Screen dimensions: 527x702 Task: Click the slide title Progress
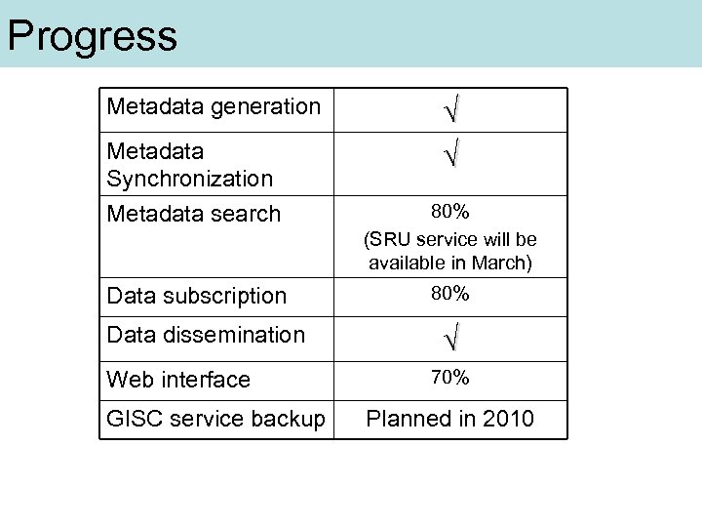pyautogui.click(x=93, y=36)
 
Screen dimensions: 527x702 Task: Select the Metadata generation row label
pyautogui.click(x=214, y=106)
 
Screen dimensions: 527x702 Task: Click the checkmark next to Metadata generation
pyautogui.click(x=450, y=110)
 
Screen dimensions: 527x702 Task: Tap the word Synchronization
pyautogui.click(x=190, y=179)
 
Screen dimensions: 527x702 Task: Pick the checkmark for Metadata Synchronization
pyautogui.click(x=450, y=154)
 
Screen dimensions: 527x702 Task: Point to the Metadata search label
pyautogui.click(x=194, y=214)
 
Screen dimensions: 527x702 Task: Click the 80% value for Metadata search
pyautogui.click(x=450, y=211)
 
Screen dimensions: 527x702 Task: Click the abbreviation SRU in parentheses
pyautogui.click(x=391, y=240)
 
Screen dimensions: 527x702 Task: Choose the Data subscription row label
pyautogui.click(x=197, y=296)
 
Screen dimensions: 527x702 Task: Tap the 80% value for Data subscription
pyautogui.click(x=450, y=294)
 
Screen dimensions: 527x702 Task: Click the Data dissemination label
pyautogui.click(x=206, y=335)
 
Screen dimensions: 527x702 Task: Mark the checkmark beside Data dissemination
pyautogui.click(x=450, y=340)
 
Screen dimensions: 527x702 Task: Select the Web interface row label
pyautogui.click(x=178, y=380)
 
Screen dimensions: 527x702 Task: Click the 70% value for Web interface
pyautogui.click(x=450, y=378)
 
